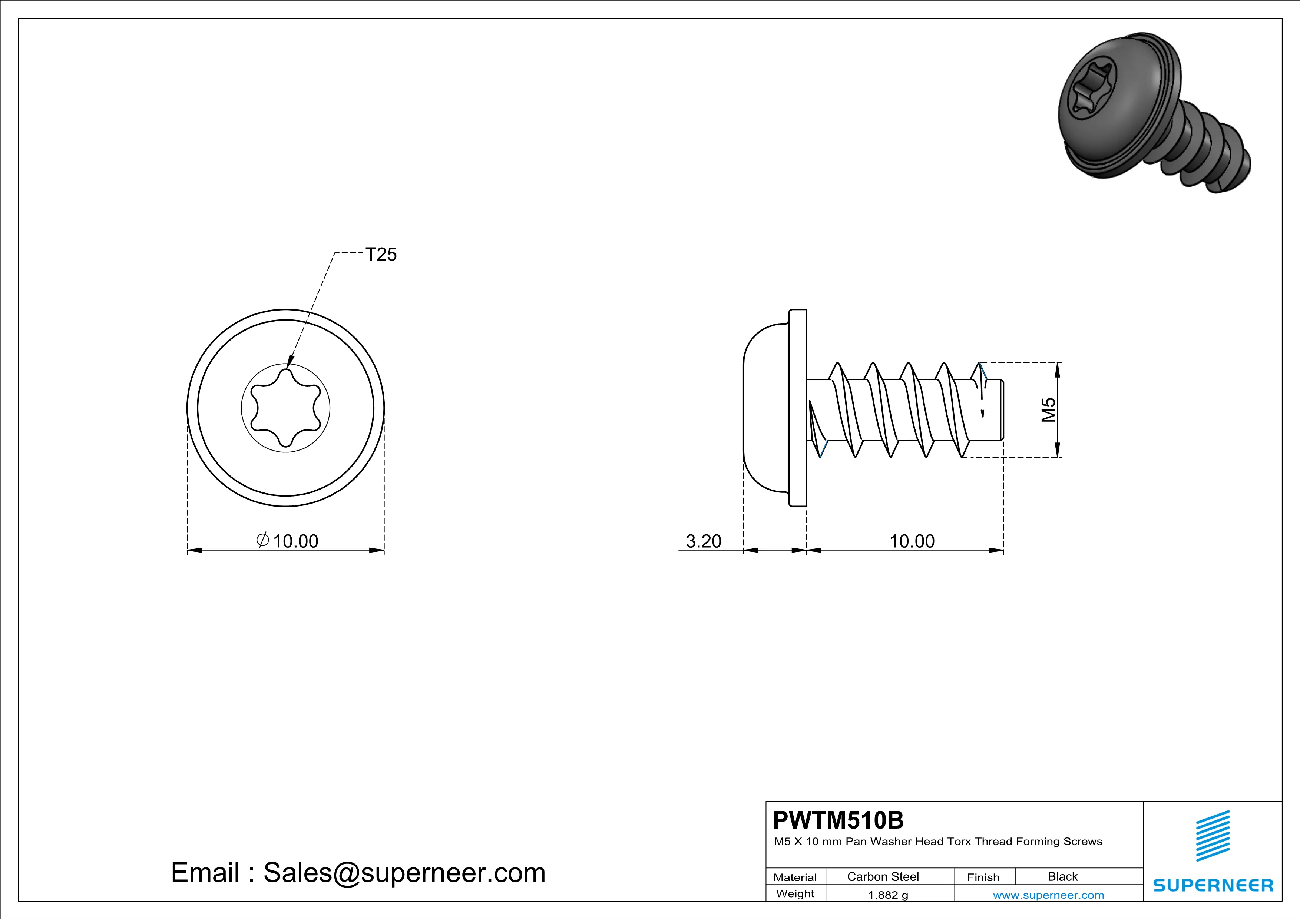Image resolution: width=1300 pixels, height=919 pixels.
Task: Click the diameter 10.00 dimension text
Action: click(288, 541)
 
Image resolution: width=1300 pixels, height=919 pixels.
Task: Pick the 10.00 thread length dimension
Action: click(912, 541)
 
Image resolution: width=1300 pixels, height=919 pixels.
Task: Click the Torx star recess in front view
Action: click(285, 408)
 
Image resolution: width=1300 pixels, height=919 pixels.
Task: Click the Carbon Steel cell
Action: click(883, 876)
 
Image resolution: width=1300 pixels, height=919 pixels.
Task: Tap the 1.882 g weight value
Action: click(888, 895)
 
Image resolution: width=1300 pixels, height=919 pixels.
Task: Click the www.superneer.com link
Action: click(1048, 895)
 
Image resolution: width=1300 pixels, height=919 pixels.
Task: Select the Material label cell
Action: click(795, 877)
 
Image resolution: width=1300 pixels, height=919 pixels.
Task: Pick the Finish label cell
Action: click(983, 877)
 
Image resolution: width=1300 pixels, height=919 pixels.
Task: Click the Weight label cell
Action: click(795, 893)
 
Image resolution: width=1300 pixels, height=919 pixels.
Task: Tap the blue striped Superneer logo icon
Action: click(1212, 836)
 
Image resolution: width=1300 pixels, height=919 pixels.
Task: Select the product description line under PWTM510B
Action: click(937, 842)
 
